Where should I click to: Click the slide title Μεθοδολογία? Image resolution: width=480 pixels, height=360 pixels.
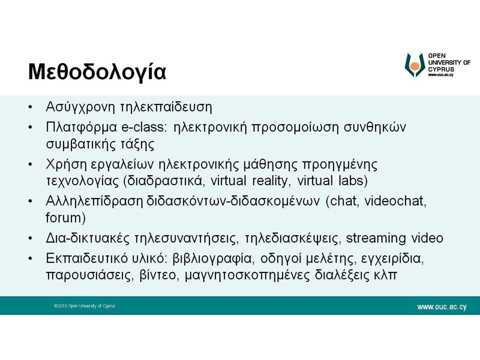97,72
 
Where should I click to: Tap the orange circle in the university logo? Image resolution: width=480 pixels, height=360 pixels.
415,66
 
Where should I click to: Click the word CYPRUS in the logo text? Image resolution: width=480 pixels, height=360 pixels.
441,69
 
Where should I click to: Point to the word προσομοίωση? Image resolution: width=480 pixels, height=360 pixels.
295,127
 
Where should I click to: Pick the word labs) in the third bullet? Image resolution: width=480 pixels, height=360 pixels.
353,180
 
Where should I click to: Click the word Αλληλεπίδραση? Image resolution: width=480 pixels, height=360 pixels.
94,201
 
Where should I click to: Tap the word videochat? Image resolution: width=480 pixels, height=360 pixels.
395,201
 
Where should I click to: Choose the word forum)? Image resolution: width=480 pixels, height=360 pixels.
65,217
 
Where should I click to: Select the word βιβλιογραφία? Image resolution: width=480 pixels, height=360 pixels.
213,259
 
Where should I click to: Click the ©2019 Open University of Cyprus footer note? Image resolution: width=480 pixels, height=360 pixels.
84,306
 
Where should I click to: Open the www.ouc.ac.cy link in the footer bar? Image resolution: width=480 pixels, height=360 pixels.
441,306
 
